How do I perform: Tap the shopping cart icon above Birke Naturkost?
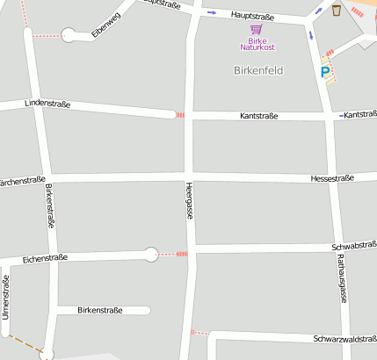(x=257, y=29)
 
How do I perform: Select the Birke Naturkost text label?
(x=257, y=43)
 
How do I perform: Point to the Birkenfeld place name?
(x=258, y=69)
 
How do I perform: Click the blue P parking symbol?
(x=325, y=72)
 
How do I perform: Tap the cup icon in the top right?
(x=337, y=10)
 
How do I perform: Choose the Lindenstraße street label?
(x=47, y=104)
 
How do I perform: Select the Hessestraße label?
(x=332, y=178)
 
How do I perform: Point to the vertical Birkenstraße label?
(x=50, y=206)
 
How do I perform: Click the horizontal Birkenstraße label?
(x=100, y=310)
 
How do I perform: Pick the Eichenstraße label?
(x=45, y=259)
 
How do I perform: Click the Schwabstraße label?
(x=354, y=246)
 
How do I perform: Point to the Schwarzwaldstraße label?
(x=344, y=339)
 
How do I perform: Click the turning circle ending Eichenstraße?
(x=151, y=255)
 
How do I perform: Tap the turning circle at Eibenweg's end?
(x=69, y=35)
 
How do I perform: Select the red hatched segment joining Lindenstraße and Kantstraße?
(x=180, y=115)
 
